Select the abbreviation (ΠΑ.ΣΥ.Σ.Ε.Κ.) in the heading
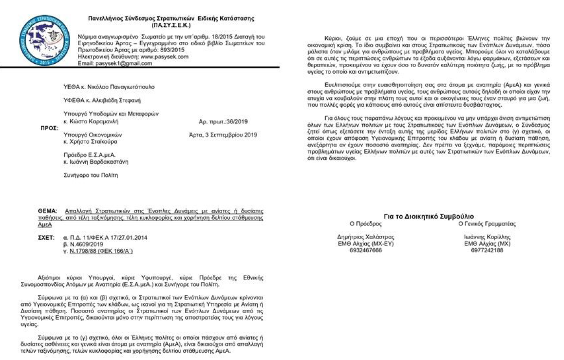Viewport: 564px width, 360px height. click(170, 24)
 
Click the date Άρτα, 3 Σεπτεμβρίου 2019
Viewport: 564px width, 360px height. click(223, 134)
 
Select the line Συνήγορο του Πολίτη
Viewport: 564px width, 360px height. click(91, 175)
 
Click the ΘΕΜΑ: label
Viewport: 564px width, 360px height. click(48, 211)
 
